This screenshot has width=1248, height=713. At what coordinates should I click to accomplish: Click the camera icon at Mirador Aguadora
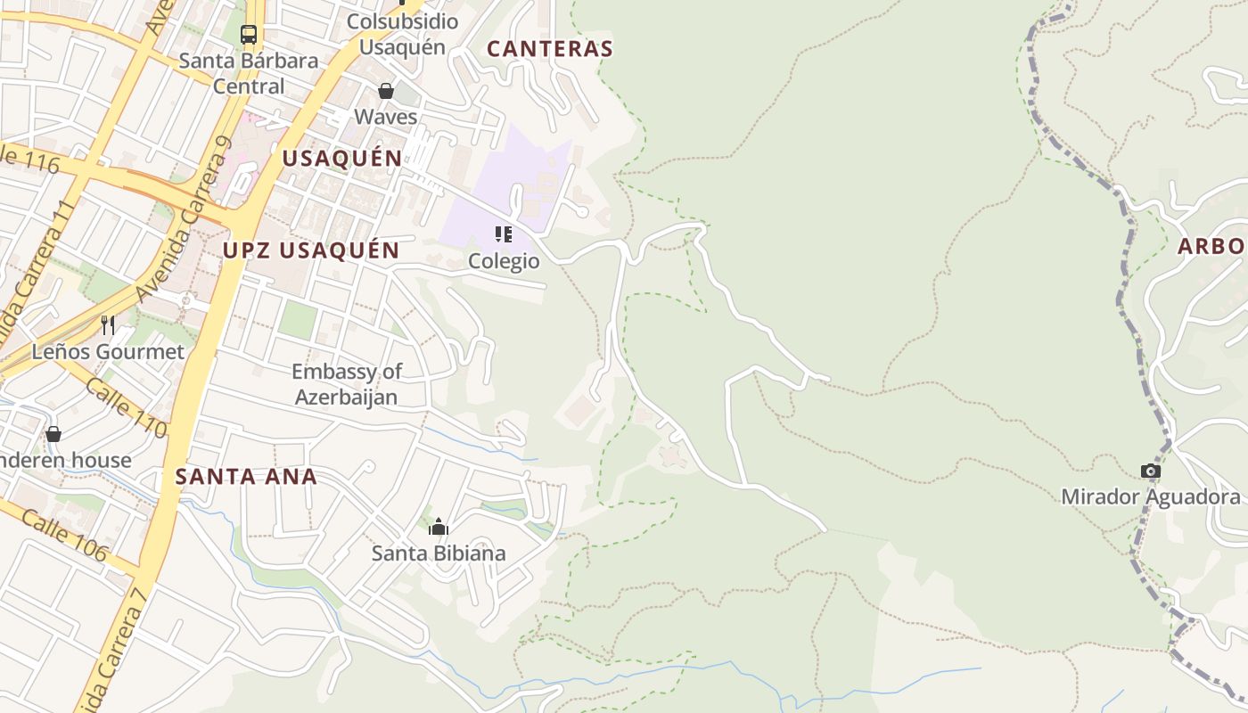pyautogui.click(x=1151, y=471)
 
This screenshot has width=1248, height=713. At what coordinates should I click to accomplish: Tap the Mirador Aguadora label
pyautogui.click(x=1150, y=496)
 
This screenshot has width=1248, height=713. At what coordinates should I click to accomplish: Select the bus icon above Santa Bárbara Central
pyautogui.click(x=249, y=35)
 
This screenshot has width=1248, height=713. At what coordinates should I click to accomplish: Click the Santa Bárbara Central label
pyautogui.click(x=249, y=73)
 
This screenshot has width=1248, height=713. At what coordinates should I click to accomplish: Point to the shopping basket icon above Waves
pyautogui.click(x=386, y=91)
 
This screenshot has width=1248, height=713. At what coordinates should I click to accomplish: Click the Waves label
pyautogui.click(x=386, y=117)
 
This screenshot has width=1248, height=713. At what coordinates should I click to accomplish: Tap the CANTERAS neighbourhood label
pyautogui.click(x=550, y=49)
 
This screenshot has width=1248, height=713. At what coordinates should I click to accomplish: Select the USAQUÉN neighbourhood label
pyautogui.click(x=342, y=159)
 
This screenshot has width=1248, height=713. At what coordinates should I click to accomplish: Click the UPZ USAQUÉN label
pyautogui.click(x=311, y=250)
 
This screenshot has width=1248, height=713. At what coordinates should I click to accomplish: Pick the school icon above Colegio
pyautogui.click(x=504, y=234)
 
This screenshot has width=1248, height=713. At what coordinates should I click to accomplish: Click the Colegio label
pyautogui.click(x=504, y=261)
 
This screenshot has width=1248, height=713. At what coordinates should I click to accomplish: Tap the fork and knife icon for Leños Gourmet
pyautogui.click(x=108, y=324)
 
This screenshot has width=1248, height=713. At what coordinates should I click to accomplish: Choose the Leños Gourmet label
pyautogui.click(x=108, y=351)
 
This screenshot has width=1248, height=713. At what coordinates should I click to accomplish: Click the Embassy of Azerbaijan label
pyautogui.click(x=347, y=384)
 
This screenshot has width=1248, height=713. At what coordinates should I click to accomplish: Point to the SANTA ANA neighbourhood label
pyautogui.click(x=246, y=476)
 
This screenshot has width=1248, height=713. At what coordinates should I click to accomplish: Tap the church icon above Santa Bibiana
pyautogui.click(x=438, y=527)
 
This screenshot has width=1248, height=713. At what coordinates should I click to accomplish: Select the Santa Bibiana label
pyautogui.click(x=438, y=553)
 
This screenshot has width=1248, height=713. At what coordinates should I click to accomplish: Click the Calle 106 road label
pyautogui.click(x=63, y=536)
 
